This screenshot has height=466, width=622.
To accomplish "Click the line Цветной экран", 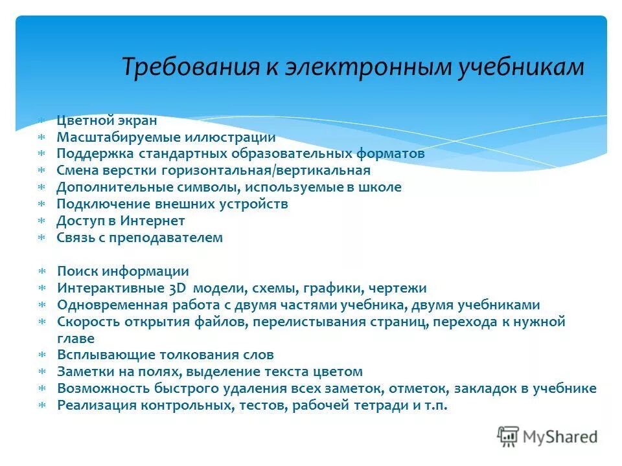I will tap(106, 120).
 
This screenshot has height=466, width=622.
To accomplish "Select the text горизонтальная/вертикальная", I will tap(292, 171).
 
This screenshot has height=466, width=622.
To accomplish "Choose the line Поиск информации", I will tap(122, 272).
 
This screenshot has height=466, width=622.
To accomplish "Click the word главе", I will tap(75, 338).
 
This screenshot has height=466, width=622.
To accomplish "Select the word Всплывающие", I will tap(103, 355).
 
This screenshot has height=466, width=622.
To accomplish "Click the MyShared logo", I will tap(547, 436).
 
